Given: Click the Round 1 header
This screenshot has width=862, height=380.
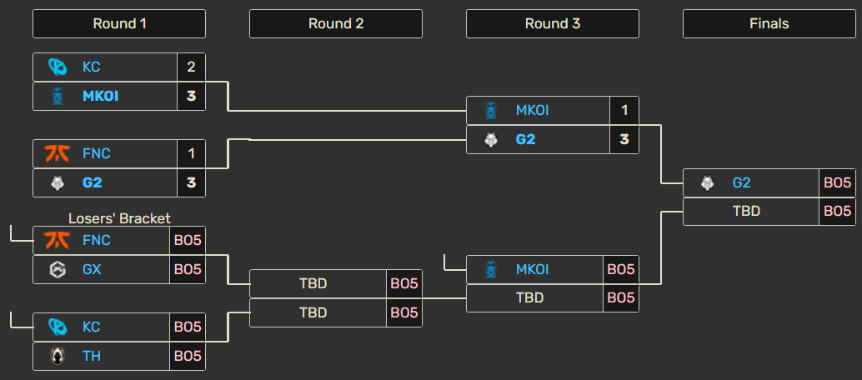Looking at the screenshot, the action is (119, 23).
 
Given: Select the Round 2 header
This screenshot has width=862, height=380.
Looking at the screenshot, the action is (336, 23).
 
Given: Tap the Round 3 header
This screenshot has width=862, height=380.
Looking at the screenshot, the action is (553, 23).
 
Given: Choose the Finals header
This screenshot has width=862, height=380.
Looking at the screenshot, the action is (769, 23).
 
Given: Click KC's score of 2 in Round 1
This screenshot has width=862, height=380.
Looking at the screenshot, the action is (191, 67).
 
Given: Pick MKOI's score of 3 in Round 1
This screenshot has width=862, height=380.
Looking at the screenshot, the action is (191, 96).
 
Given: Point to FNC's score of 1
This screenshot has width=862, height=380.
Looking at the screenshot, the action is (191, 153).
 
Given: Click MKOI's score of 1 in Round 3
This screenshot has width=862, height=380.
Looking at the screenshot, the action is (624, 111).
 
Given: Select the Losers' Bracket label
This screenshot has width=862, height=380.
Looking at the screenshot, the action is (119, 218).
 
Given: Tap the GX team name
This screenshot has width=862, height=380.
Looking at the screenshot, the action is (93, 269).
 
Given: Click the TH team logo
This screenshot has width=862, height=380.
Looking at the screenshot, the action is (58, 357).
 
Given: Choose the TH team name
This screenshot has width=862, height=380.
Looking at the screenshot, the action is (92, 356).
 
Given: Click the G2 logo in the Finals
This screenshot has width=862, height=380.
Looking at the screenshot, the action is (708, 182).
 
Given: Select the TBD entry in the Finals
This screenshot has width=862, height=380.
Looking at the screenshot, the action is (747, 211).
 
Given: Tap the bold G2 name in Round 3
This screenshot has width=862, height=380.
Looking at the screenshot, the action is (525, 140).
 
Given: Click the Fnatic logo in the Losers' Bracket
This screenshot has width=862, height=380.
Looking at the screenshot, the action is (58, 240).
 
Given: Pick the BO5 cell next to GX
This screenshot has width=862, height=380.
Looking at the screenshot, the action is (188, 269).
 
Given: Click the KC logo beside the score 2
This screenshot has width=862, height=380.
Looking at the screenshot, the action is (58, 67).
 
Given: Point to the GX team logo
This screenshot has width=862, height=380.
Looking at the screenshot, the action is (58, 269).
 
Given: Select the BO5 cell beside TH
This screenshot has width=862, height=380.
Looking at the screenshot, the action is (188, 357).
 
